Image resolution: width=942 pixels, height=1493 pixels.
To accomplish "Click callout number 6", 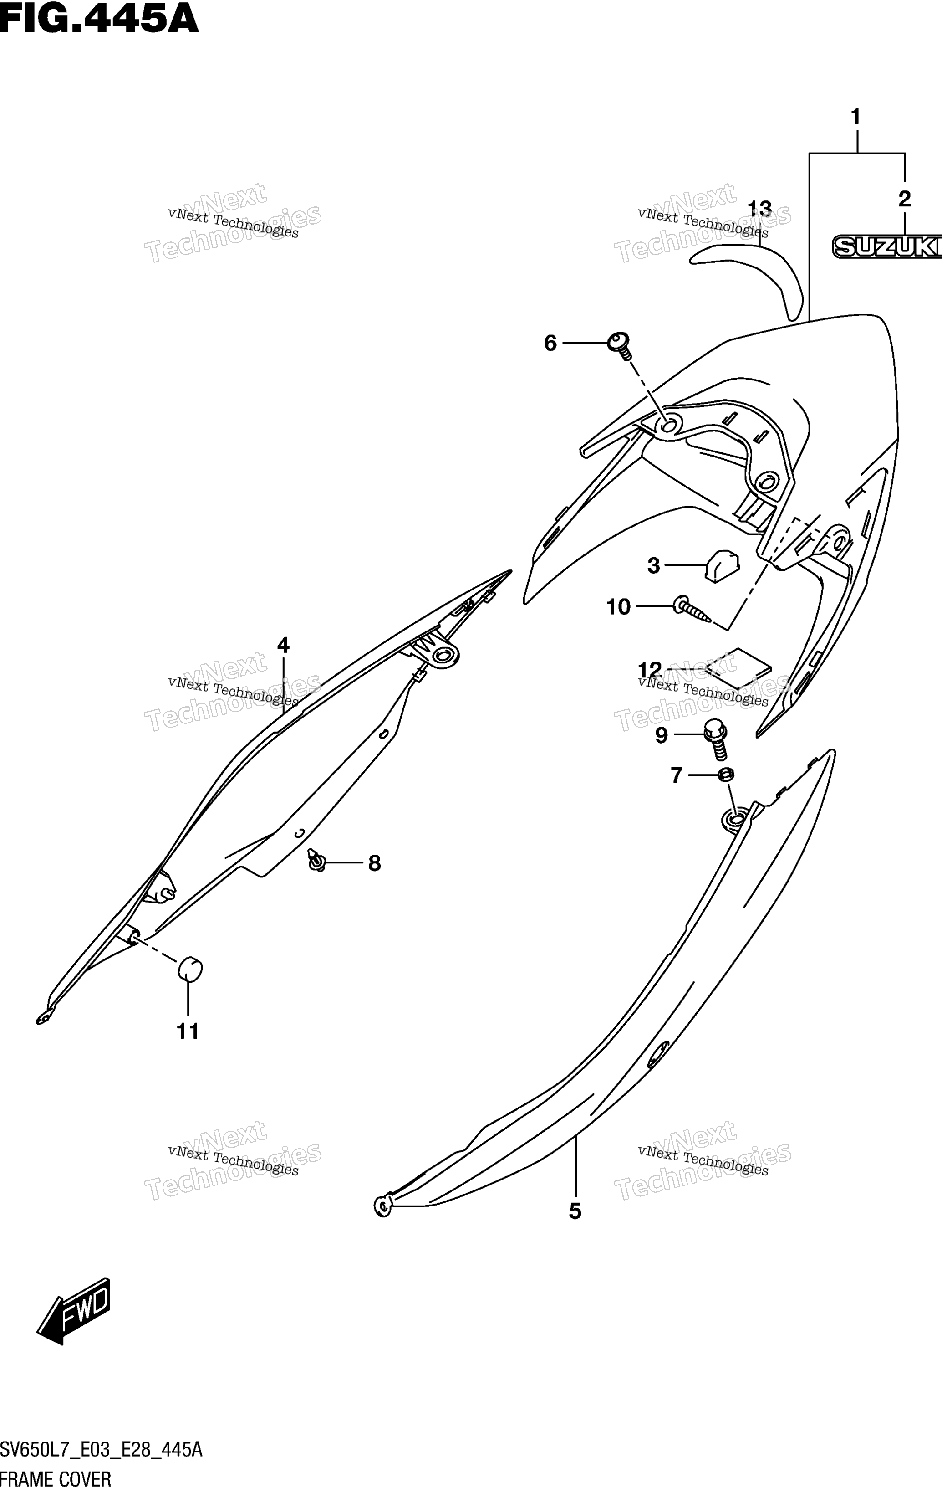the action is [550, 343].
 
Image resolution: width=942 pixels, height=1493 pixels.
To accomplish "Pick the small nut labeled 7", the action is [726, 775].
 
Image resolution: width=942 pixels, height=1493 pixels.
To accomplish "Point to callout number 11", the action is [188, 1032].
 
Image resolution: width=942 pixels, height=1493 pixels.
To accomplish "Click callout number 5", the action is [575, 1211].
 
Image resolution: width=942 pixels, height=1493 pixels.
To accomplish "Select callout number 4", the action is [283, 646].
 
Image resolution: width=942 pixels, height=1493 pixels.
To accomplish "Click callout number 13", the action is [760, 209].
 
